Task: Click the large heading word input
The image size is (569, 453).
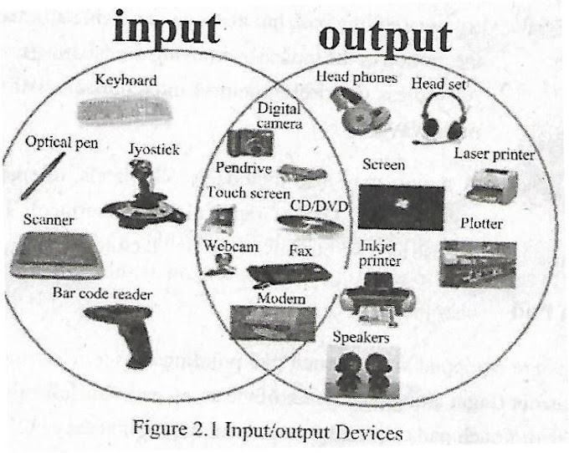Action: (167, 29)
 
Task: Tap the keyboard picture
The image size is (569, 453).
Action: (125, 109)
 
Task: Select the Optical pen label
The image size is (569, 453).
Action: (61, 143)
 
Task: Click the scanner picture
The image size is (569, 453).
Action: (57, 254)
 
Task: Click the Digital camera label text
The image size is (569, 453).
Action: (277, 116)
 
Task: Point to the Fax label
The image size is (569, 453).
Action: (300, 250)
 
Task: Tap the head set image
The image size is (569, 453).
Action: (438, 118)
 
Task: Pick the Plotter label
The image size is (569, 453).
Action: (481, 224)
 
